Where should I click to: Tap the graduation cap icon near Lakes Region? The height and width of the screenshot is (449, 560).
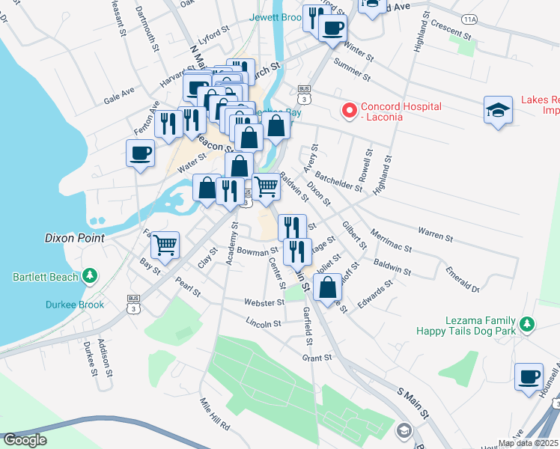point(498,110)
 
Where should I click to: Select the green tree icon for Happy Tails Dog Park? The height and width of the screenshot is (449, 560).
point(528,324)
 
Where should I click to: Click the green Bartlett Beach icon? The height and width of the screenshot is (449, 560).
point(90,276)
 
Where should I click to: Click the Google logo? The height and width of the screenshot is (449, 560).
point(25,440)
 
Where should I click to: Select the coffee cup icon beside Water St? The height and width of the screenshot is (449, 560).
point(140,154)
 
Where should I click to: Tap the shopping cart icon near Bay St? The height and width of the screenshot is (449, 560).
point(165,244)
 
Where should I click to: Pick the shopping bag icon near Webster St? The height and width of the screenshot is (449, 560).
point(328,287)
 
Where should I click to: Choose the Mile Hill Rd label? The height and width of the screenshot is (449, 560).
point(214,414)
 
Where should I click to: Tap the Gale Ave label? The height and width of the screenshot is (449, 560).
point(119,94)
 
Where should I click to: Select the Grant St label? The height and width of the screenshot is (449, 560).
point(317,358)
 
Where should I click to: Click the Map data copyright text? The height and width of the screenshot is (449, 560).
point(528,443)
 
